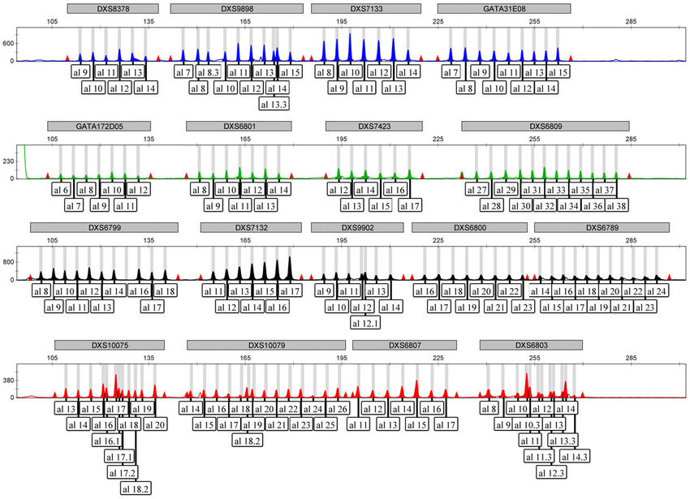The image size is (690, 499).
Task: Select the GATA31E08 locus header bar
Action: [504, 8]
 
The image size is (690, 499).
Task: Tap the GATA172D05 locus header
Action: [100, 127]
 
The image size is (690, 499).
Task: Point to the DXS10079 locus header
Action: [262, 345]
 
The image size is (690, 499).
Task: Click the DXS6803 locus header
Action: [532, 345]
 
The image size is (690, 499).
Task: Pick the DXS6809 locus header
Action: [546, 127]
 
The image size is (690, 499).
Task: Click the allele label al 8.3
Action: [208, 72]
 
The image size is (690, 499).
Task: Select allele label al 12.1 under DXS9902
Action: [365, 322]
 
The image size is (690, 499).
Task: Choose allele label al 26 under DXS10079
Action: [337, 408]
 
